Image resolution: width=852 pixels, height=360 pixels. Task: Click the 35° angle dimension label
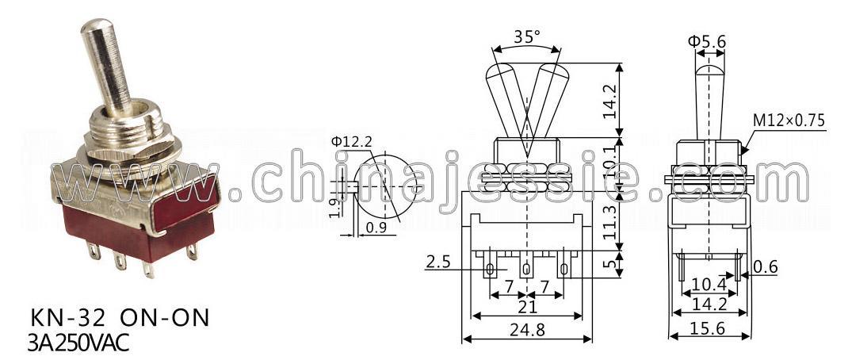point(526,37)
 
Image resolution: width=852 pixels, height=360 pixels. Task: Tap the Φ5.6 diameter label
point(706,41)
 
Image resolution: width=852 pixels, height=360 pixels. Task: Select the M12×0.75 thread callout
point(789,120)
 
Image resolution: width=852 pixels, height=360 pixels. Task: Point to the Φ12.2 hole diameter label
point(352,143)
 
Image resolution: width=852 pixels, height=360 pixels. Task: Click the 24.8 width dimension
point(526,329)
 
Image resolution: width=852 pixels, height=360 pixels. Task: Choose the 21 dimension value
point(527,307)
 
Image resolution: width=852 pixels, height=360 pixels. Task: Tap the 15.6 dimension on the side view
point(709,328)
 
